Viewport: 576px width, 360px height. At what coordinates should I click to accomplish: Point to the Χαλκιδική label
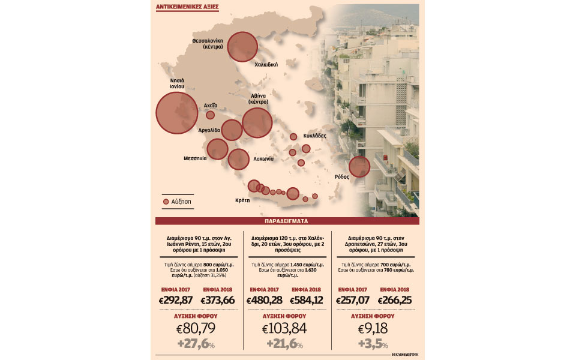(x=266, y=64)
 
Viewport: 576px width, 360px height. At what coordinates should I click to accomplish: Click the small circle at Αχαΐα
(x=211, y=115)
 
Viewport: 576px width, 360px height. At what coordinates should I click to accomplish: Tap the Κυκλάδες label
(x=314, y=136)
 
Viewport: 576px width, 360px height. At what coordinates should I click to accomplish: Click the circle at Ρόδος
(x=359, y=166)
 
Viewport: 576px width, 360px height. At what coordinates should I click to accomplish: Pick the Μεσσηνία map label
(x=195, y=159)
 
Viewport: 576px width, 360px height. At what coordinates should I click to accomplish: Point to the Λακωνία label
(x=263, y=159)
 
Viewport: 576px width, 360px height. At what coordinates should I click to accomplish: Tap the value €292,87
(x=179, y=299)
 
